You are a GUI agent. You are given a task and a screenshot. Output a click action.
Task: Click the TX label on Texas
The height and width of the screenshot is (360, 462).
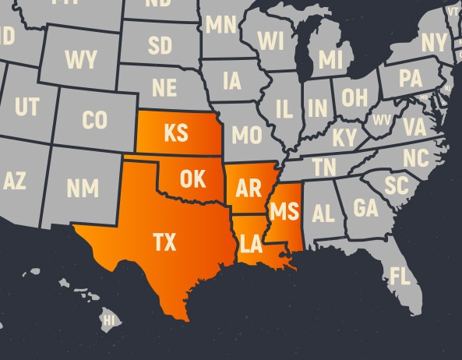coord(164,243)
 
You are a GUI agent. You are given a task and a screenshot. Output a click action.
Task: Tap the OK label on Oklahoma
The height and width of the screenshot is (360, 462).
coord(192,179)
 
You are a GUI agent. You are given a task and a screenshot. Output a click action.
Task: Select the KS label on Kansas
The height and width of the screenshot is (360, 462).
coord(175,133)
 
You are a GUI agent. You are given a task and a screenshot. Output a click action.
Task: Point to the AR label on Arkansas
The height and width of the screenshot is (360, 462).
coord(248,189)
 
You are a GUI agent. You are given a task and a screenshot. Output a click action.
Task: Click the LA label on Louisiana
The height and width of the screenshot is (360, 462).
coord(251,245)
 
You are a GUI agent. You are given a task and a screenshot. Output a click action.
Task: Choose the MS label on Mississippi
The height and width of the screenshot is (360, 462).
coord(283,210)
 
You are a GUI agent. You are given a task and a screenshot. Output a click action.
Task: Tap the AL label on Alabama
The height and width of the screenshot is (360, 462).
coord(323,213)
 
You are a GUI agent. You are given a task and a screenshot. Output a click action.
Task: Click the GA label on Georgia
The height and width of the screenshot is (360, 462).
coord(365,208)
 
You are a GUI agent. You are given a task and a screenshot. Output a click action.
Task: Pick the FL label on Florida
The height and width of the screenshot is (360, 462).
coord(400,276)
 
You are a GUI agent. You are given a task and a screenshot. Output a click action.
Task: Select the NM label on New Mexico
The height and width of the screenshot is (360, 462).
coord(82,188)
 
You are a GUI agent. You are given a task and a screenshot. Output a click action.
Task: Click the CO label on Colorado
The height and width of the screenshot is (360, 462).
coord(94,121)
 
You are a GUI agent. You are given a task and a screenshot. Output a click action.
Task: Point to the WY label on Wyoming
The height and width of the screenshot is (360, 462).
coord(81,58)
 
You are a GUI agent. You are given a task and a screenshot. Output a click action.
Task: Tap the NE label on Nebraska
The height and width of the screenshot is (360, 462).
coord(164,86)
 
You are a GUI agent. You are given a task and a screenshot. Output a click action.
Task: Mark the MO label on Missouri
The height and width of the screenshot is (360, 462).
coord(246,136)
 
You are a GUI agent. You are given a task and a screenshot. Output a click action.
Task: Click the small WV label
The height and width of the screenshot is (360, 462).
coord(382,120)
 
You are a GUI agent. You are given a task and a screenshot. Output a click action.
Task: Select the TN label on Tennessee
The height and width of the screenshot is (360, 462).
coord(324,167)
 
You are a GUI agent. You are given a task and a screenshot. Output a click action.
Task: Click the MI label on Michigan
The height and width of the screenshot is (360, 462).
coord(330,59)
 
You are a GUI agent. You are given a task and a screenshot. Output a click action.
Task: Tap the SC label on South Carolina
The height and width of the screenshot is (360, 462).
coord(397,185)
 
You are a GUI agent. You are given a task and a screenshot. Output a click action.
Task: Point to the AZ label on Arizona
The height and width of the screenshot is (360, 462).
coord(14,182)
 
